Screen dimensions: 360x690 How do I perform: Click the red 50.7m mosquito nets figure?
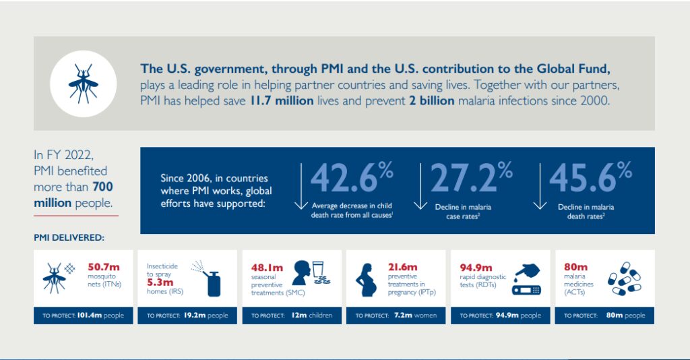(102, 268)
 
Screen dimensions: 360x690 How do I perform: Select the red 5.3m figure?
(160, 282)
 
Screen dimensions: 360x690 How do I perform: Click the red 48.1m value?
(267, 268)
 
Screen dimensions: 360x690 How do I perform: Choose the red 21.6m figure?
(402, 267)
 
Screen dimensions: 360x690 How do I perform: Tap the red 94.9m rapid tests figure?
(476, 268)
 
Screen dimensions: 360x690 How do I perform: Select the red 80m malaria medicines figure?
(575, 267)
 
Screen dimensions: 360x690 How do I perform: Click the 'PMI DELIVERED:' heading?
(69, 237)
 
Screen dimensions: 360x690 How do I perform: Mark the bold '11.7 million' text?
(282, 100)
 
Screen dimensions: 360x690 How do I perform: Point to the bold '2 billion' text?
(431, 100)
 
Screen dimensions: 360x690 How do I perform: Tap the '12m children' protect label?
(312, 316)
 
